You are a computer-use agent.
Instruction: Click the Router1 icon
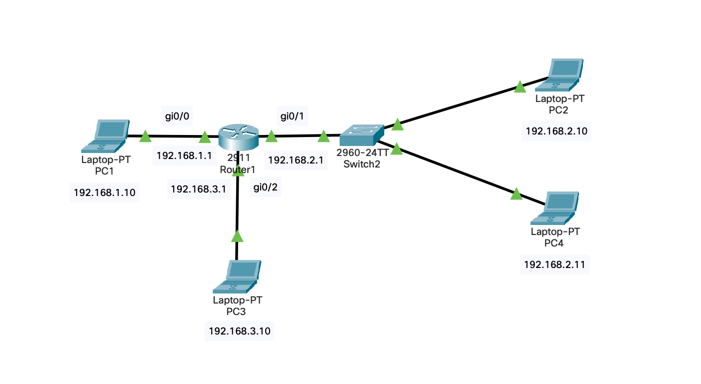239,137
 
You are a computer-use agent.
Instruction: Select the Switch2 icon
362,135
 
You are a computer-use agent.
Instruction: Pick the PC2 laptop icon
559,75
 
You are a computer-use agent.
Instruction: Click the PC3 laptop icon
237,276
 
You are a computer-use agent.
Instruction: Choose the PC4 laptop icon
554,208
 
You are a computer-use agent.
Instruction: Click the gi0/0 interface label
177,116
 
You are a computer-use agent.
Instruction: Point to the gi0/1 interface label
292,116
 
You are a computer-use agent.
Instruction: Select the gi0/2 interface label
265,187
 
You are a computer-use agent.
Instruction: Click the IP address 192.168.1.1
184,155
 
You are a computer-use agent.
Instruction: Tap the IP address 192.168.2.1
296,160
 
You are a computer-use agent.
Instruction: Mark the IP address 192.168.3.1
199,189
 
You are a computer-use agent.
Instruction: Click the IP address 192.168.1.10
105,192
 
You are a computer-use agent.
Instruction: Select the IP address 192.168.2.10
556,131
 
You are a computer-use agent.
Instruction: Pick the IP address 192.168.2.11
554,265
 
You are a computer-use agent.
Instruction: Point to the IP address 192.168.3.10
240,331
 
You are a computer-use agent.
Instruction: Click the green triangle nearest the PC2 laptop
520,86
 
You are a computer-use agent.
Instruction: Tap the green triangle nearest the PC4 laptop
516,194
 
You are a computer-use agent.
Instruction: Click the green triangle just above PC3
237,236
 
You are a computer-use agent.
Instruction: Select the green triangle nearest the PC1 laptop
145,136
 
